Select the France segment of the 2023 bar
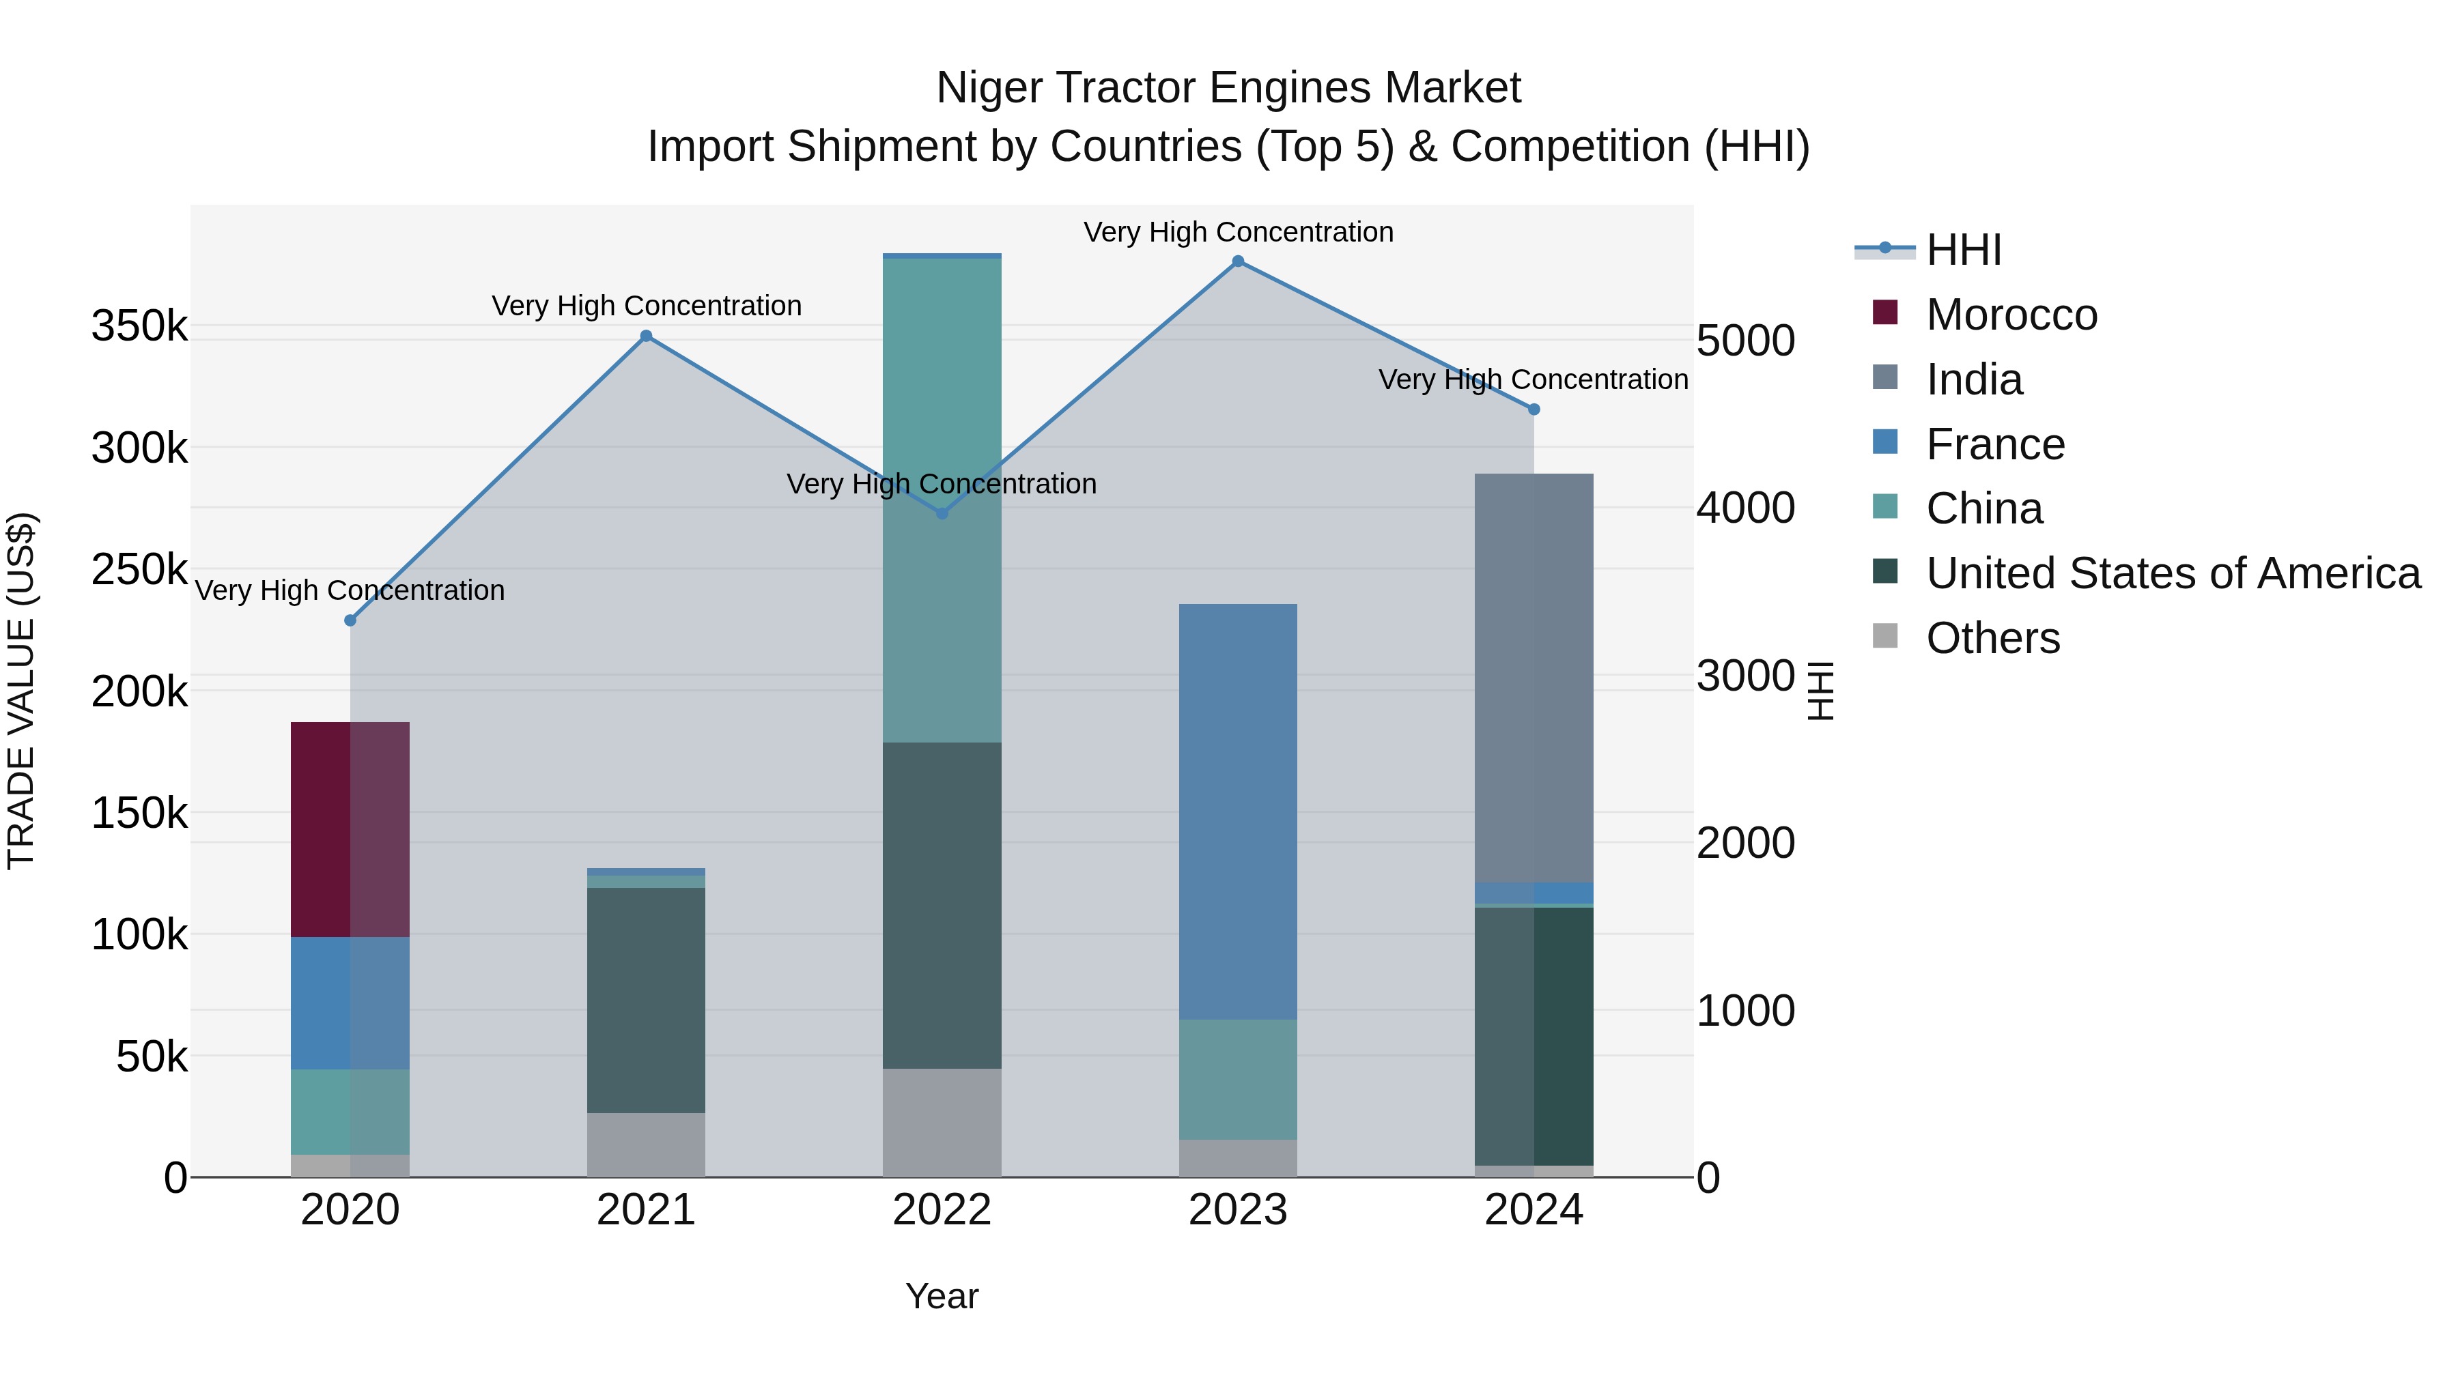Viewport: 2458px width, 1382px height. pos(1238,811)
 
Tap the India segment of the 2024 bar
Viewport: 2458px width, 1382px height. pos(1534,677)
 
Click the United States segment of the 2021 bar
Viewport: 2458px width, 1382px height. pos(646,1000)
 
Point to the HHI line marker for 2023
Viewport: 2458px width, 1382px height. pos(1238,261)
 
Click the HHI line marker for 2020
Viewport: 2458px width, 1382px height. pos(350,620)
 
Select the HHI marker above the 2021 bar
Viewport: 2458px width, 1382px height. pos(646,336)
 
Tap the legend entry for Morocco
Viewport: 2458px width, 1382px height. pos(2011,315)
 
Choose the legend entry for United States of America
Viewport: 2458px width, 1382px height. pos(2173,573)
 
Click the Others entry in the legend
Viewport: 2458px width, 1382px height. pos(1992,638)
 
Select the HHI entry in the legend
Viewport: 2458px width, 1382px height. pos(1963,250)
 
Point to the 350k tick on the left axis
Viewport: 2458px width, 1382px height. pos(139,326)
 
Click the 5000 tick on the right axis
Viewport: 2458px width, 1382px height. pos(1745,341)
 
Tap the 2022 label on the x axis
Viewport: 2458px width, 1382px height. pos(942,1210)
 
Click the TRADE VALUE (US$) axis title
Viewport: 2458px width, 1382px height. pos(21,691)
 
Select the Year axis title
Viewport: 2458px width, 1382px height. pos(942,1296)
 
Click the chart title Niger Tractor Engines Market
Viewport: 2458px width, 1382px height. pos(1228,88)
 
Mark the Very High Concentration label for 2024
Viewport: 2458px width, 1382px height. pos(1534,379)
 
